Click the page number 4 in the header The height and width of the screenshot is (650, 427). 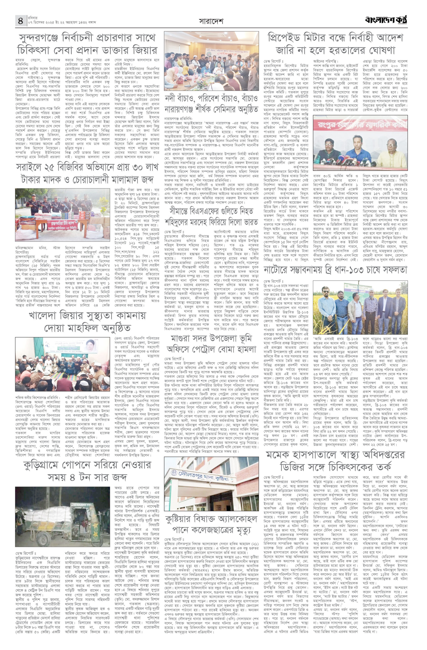coord(21,21)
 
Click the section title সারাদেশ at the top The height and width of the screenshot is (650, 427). coord(211,21)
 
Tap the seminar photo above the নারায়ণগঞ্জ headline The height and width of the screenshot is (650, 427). coord(211,61)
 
